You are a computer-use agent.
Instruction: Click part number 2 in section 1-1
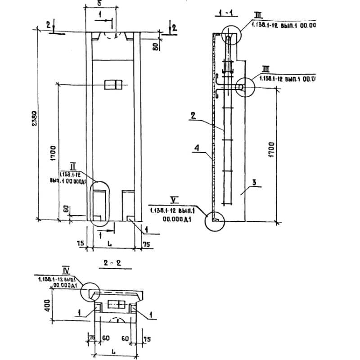pos(192,115)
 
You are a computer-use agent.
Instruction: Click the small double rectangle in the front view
pos(113,85)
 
